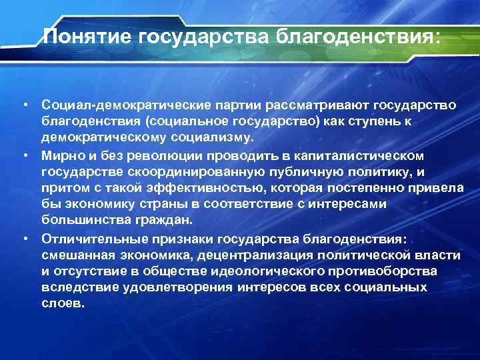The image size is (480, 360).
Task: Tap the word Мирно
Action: pyautogui.click(x=60, y=155)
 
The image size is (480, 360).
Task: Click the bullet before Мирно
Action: pyautogui.click(x=24, y=155)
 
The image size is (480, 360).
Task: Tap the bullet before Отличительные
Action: pyautogui.click(x=24, y=238)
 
